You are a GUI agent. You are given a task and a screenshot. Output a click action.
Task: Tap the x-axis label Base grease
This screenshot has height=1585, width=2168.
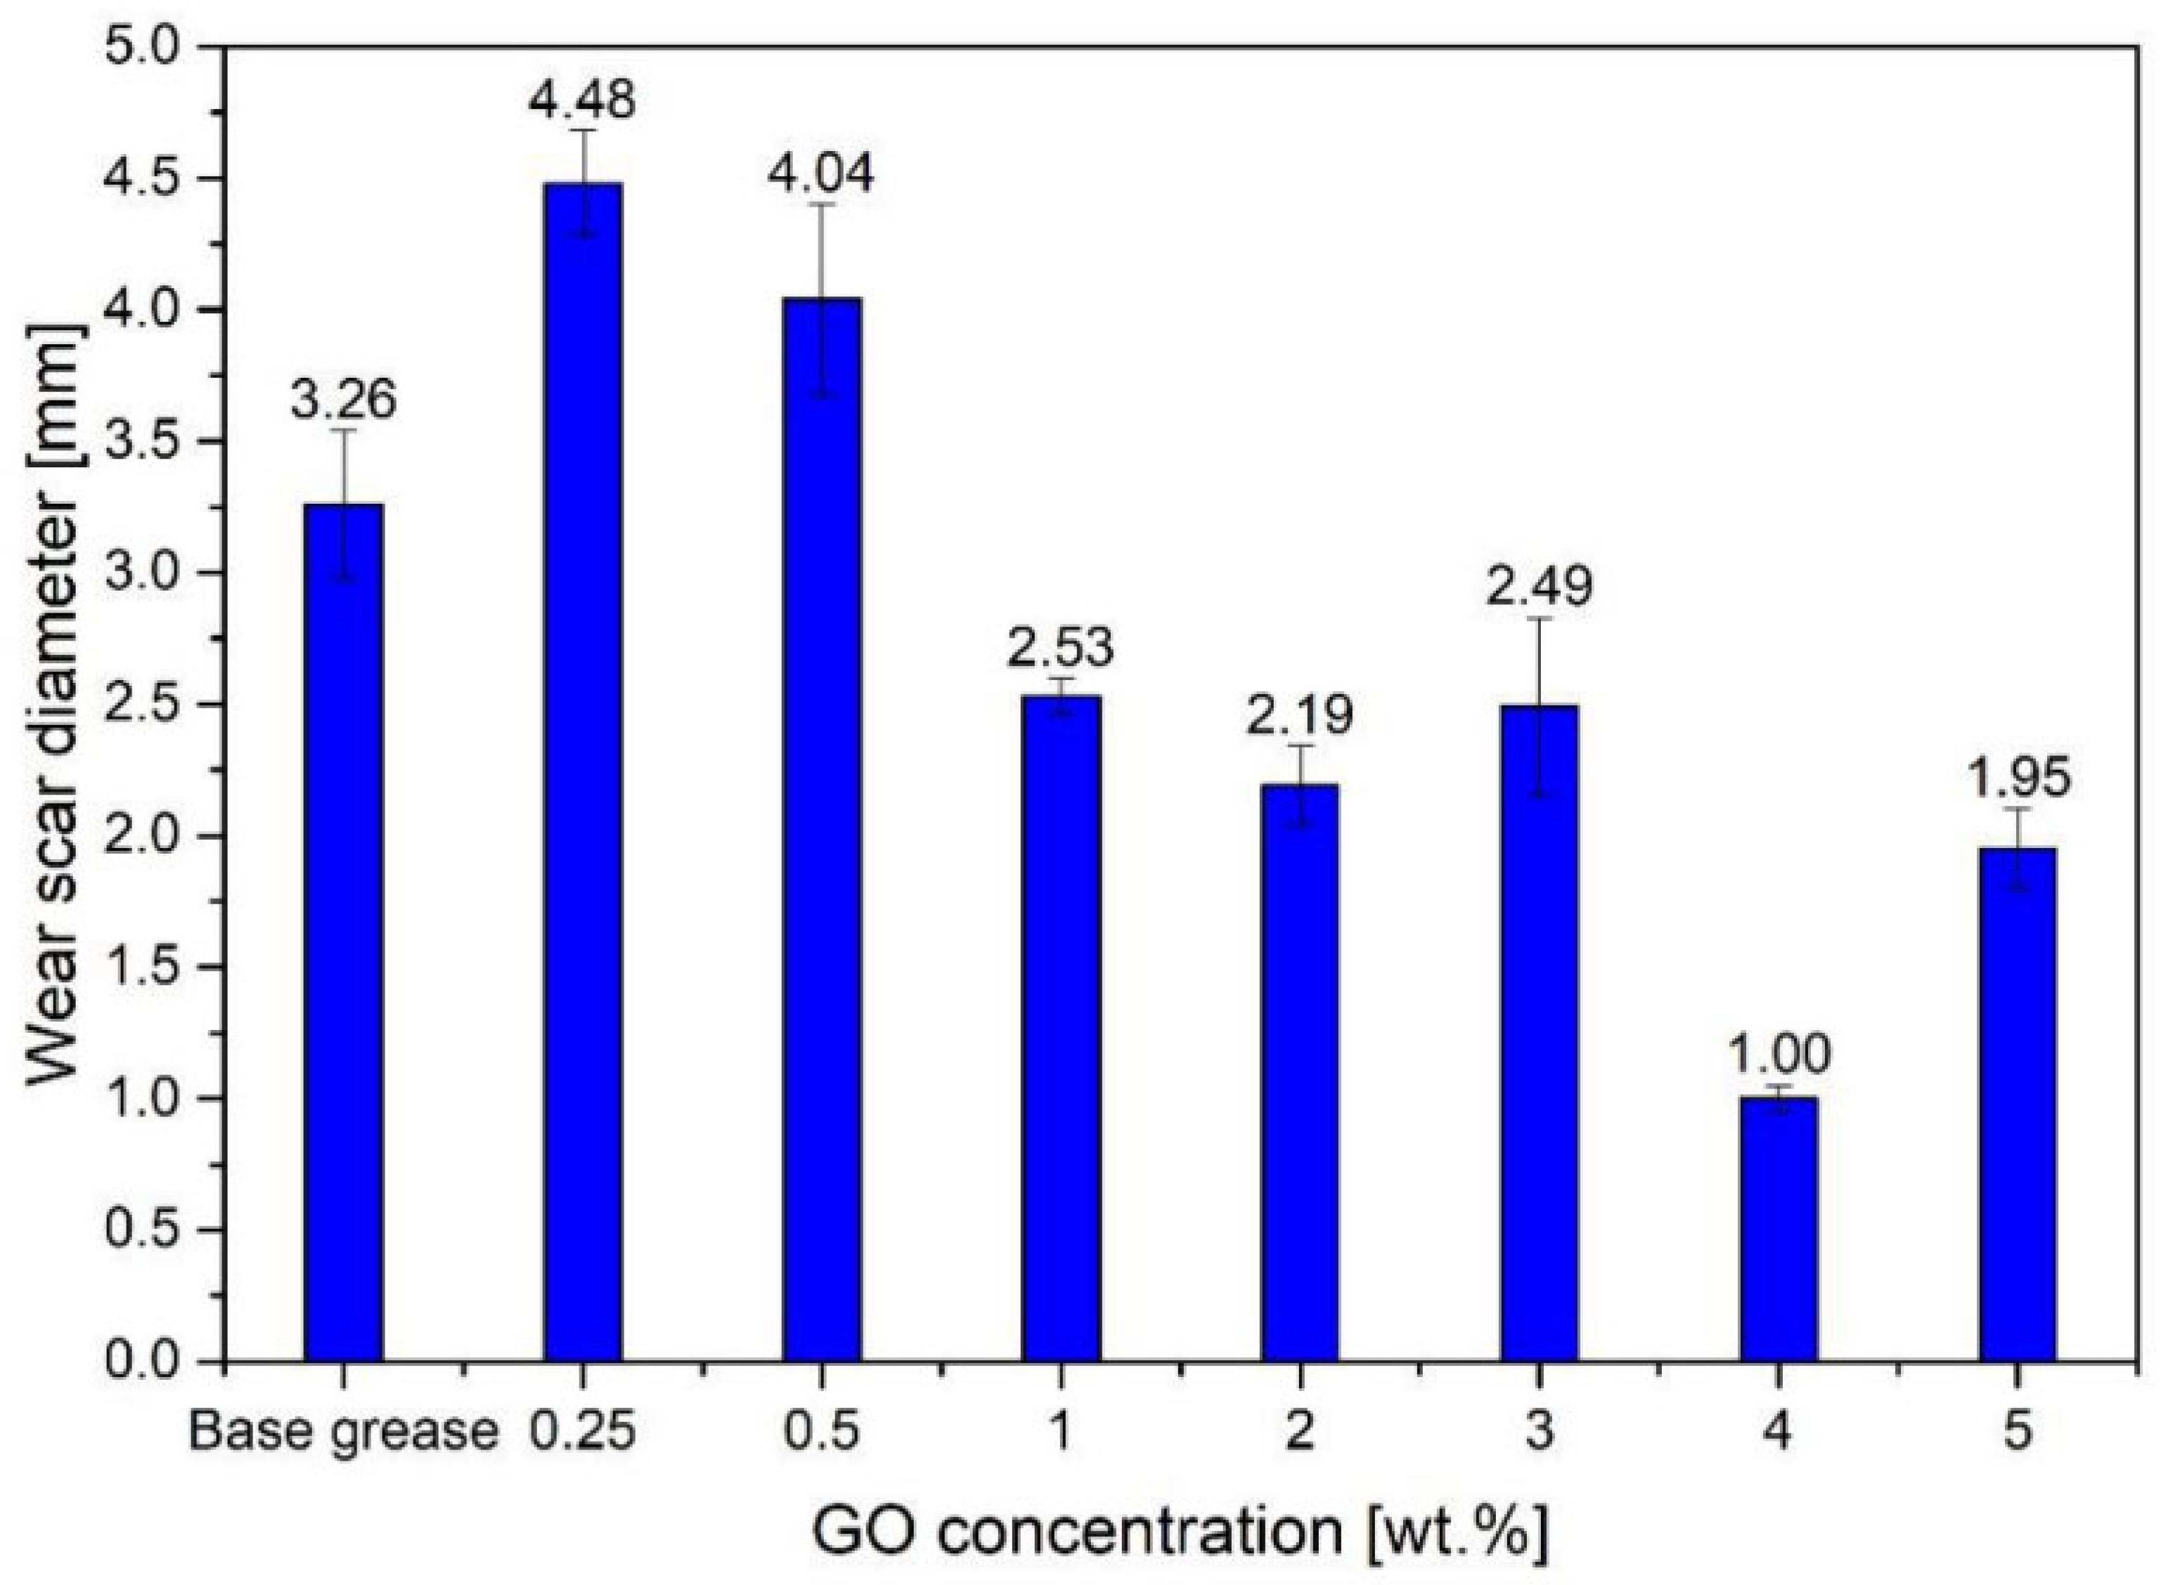point(342,1433)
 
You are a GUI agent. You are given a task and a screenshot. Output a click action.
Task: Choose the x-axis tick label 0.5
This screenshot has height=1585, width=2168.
point(822,1433)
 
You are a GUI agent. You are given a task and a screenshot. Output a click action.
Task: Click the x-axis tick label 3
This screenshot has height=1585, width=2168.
point(1538,1433)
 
